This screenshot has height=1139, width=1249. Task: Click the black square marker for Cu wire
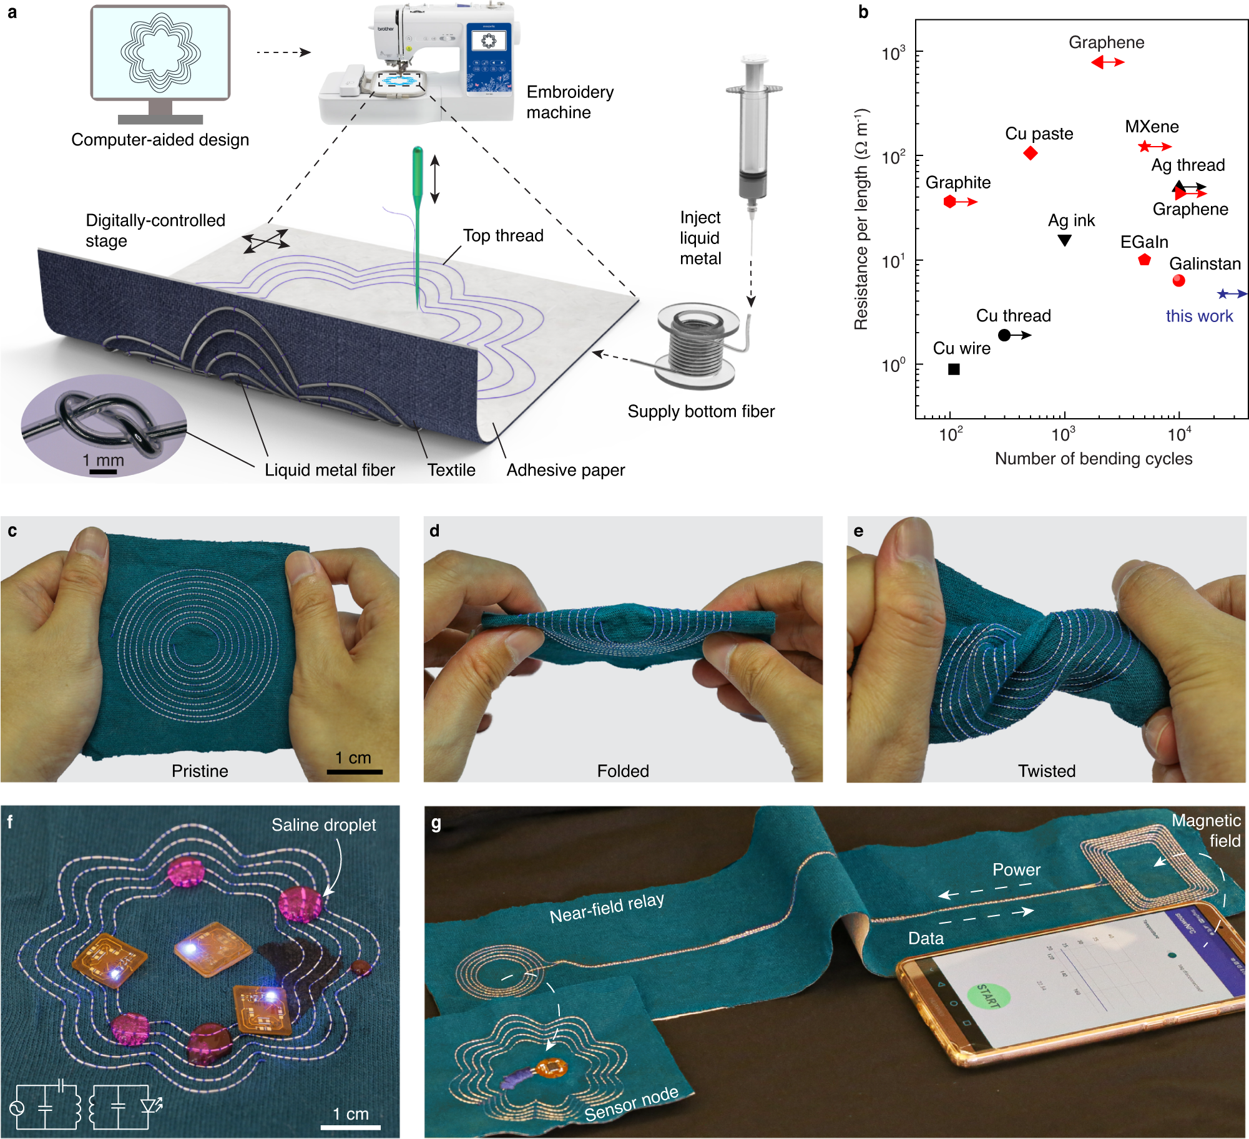point(954,369)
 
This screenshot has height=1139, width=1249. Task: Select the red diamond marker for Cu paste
point(1031,153)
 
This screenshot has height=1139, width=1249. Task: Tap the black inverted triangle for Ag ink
point(1065,240)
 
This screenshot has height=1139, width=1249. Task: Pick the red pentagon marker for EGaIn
point(1144,260)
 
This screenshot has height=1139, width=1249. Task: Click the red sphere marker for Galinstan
point(1178,281)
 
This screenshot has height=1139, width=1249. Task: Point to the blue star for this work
point(1223,294)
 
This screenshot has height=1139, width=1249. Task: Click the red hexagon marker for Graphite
point(949,202)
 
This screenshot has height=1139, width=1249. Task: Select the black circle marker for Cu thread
point(1004,335)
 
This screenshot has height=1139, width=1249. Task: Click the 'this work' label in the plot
point(1199,316)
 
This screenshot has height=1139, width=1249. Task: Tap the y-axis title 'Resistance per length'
point(861,218)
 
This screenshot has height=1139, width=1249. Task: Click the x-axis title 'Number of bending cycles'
point(1093,459)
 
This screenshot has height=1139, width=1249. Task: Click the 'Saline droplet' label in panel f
point(323,825)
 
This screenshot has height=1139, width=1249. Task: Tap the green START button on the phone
point(988,995)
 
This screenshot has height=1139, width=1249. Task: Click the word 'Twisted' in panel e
point(1047,771)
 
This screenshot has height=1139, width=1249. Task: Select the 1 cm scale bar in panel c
point(355,772)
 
